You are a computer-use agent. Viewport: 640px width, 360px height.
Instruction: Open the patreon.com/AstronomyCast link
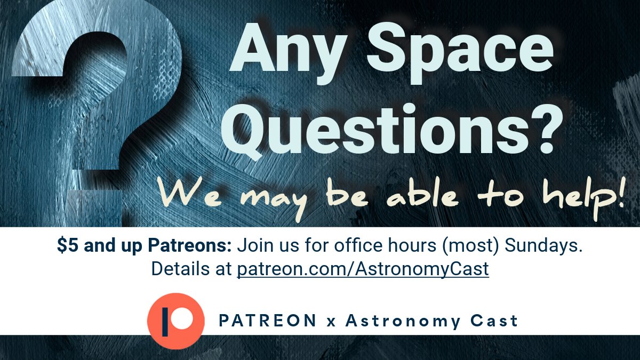363,269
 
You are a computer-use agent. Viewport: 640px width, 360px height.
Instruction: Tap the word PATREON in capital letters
268,321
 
